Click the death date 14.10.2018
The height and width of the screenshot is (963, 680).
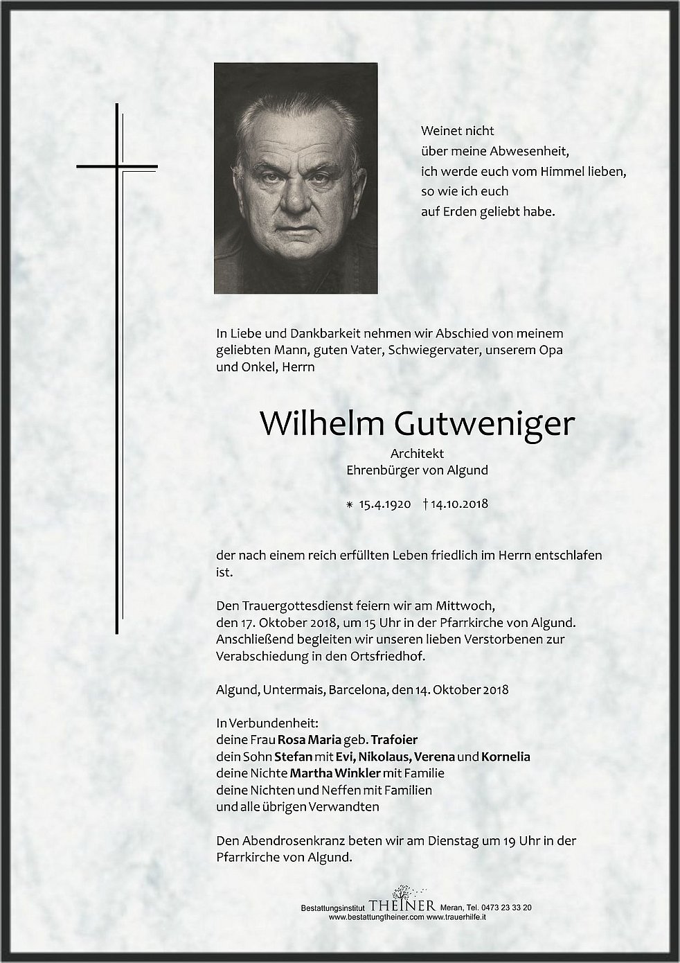458,504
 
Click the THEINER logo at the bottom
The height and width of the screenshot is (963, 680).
402,906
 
